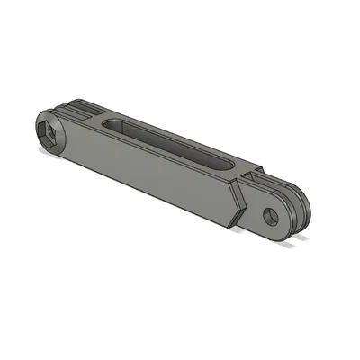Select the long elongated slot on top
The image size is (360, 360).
click(x=171, y=144)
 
